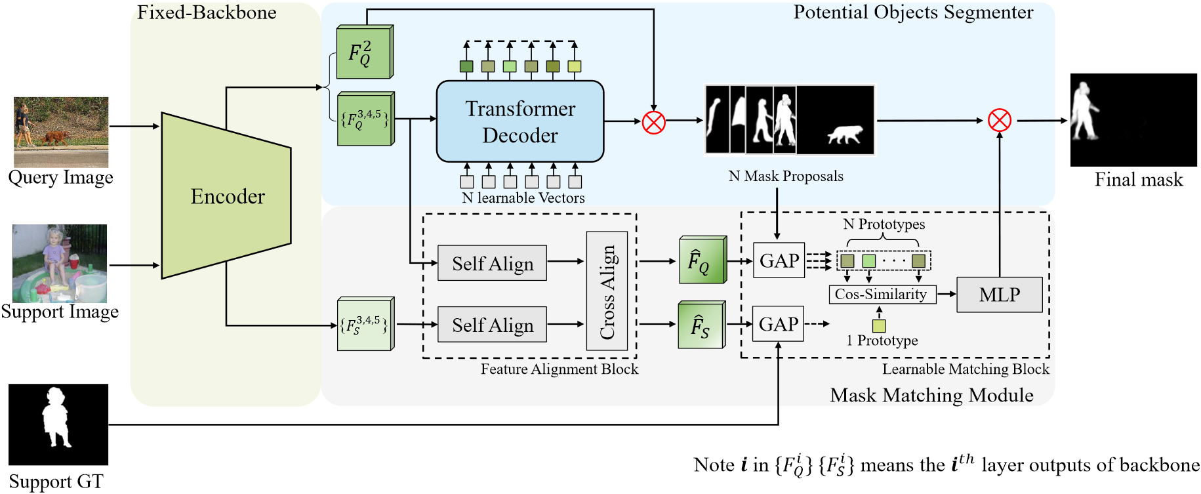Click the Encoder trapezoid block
click(x=226, y=196)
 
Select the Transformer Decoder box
click(x=520, y=121)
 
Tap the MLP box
click(x=1000, y=295)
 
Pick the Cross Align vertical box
click(x=607, y=291)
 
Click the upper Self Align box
click(x=492, y=263)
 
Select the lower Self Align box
click(x=492, y=325)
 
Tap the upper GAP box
click(x=779, y=260)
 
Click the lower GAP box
click(x=779, y=324)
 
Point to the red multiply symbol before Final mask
click(x=999, y=121)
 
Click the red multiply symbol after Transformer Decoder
click(x=653, y=122)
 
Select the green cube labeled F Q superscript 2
click(x=365, y=52)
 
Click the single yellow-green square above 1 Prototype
click(x=879, y=325)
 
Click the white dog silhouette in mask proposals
click(x=844, y=134)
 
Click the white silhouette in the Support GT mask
click(x=56, y=417)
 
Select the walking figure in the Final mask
click(x=1084, y=112)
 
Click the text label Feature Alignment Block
click(x=560, y=369)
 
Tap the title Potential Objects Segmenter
click(x=913, y=12)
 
